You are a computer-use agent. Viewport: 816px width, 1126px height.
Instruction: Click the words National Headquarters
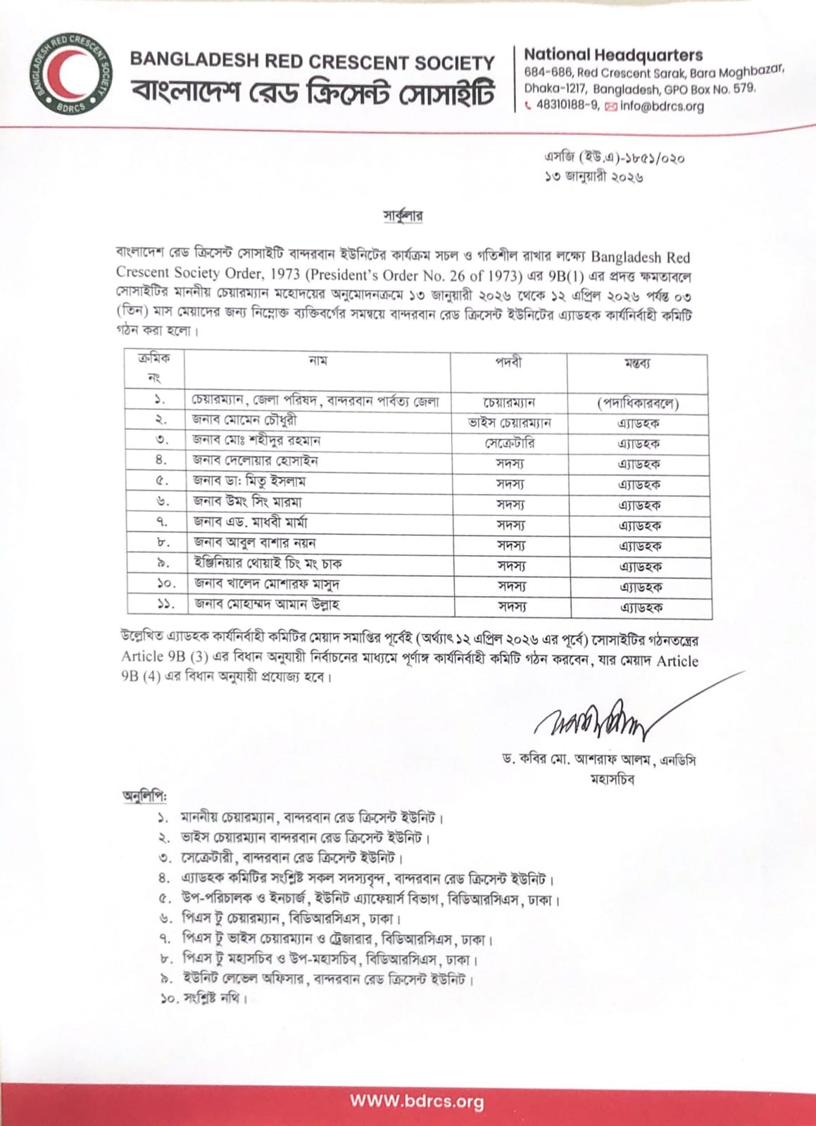pos(613,54)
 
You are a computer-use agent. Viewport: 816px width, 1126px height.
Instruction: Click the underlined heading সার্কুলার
pos(403,214)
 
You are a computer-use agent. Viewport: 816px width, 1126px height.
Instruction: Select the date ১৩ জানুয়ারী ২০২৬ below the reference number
pos(594,177)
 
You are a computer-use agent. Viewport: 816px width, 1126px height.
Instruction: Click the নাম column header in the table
pos(318,361)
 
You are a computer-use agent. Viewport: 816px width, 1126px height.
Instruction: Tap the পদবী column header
pos(508,362)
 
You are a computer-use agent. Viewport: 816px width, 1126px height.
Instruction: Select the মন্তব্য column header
pos(637,363)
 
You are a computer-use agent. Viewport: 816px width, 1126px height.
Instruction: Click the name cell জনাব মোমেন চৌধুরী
pos(244,420)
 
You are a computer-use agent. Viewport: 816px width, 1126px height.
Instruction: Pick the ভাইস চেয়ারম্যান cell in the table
pos(509,423)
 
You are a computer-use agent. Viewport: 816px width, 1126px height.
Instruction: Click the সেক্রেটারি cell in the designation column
pos(509,443)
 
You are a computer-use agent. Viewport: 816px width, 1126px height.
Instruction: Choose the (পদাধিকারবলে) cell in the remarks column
pos(638,403)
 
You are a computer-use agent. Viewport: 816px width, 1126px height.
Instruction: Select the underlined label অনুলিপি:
pos(145,797)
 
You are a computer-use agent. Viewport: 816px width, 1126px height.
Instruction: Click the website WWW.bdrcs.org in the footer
pos(416,1101)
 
